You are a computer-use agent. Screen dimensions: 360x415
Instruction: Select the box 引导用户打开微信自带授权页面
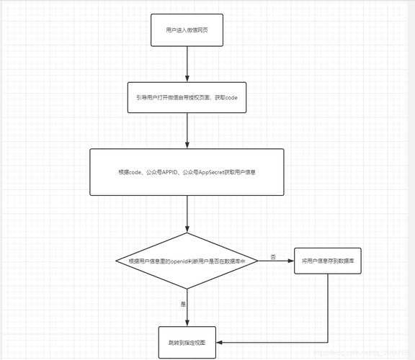point(187,97)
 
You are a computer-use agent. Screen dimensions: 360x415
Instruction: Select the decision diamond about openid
point(187,261)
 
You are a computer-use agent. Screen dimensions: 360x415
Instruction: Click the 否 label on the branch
point(273,256)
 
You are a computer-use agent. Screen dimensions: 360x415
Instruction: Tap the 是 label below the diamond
point(183,305)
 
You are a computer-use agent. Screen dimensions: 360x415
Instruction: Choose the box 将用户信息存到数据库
point(328,261)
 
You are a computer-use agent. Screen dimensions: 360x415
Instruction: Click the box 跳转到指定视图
point(187,342)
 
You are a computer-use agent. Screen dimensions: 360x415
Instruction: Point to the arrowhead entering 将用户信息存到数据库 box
point(291,261)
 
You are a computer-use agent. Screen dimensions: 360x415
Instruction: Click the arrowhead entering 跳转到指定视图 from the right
point(218,343)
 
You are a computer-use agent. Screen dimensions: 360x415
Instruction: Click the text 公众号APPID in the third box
point(163,173)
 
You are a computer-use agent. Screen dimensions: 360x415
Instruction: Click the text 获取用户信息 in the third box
point(240,173)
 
